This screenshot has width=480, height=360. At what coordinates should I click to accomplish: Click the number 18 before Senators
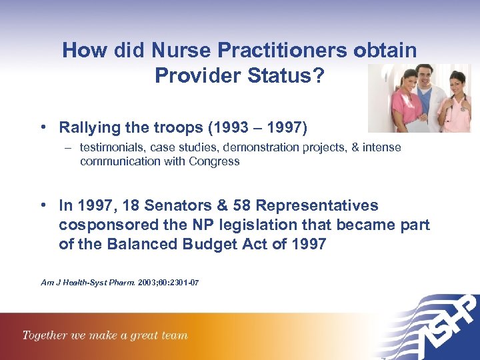127,206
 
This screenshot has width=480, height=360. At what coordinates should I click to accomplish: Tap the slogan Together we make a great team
105,335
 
